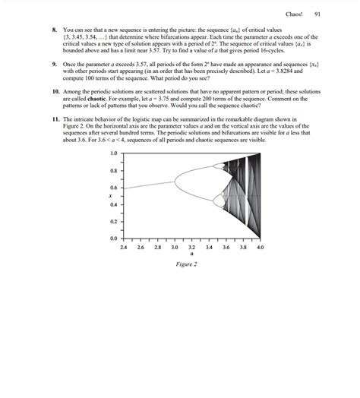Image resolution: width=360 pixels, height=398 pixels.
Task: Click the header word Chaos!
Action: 294,15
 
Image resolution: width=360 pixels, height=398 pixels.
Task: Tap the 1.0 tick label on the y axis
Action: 114,153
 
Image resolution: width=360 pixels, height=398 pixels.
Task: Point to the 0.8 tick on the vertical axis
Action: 114,170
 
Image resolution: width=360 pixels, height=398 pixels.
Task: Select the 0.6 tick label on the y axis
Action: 114,188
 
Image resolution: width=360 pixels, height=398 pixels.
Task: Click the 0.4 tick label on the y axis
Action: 114,205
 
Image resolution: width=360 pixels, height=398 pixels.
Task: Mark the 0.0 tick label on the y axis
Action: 114,239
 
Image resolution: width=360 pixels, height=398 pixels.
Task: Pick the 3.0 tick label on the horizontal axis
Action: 175,248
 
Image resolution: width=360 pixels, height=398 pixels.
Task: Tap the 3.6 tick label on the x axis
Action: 226,248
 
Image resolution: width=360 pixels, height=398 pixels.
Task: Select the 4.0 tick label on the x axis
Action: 260,248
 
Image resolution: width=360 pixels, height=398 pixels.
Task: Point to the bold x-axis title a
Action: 192,254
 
